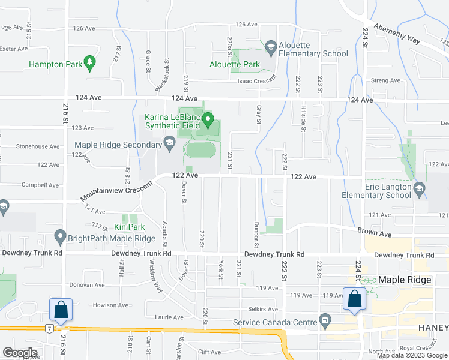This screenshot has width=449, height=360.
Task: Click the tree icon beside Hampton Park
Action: point(89,61)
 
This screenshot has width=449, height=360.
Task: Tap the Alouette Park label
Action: point(234,64)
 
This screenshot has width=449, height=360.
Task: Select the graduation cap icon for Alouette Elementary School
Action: point(270,46)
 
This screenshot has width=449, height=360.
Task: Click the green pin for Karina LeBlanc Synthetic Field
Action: point(208,119)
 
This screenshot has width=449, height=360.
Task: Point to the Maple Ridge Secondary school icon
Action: point(169,143)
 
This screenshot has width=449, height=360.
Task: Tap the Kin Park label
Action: point(127,227)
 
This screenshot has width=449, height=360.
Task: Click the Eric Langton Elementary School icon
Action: point(420,187)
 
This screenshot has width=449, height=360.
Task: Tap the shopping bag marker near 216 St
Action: point(62,310)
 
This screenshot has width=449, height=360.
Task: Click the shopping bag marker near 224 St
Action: point(354,298)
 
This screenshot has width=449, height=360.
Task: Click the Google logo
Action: point(20,352)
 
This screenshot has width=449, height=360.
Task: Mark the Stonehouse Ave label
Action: point(38,146)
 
